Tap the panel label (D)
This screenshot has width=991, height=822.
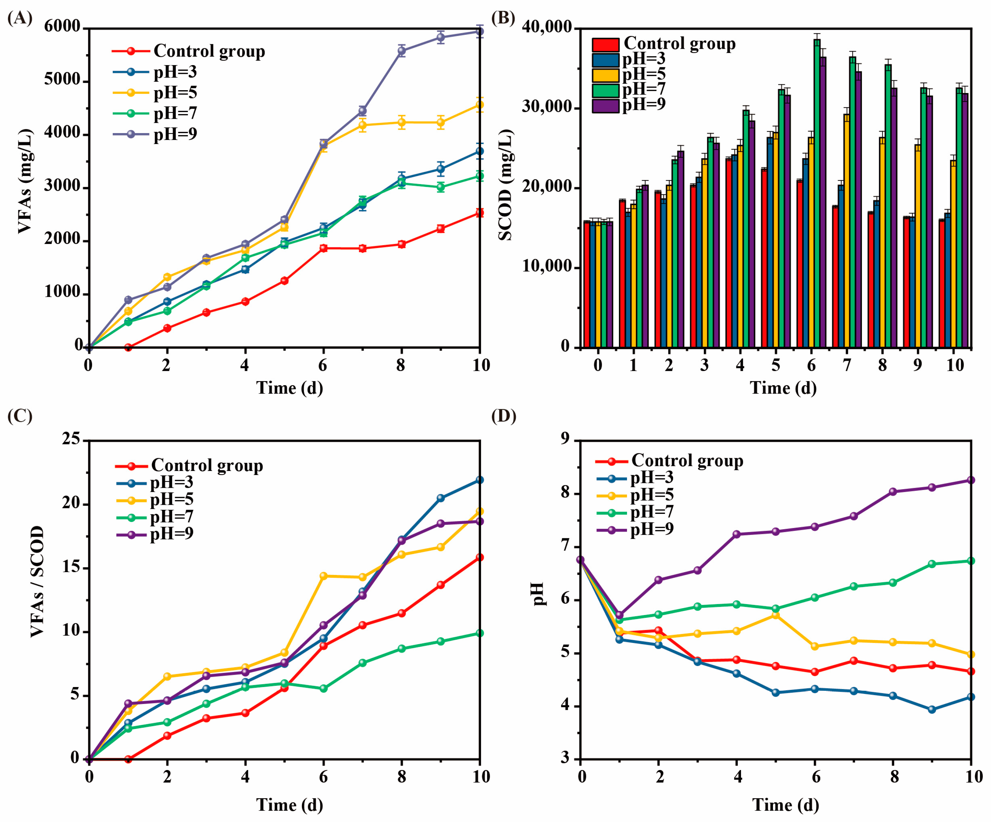(x=504, y=416)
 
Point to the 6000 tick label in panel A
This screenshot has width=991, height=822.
(x=62, y=27)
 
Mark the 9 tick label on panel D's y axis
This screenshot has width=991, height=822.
(x=565, y=439)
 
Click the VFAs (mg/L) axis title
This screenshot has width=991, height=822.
(x=24, y=182)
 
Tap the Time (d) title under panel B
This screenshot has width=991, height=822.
(x=783, y=388)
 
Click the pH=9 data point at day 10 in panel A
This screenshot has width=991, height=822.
(x=480, y=32)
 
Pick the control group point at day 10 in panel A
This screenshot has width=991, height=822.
(x=480, y=213)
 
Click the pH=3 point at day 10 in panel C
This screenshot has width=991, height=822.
(x=480, y=480)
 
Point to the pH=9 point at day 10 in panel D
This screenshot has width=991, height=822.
(x=971, y=480)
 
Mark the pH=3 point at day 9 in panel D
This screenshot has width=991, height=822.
(x=931, y=710)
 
